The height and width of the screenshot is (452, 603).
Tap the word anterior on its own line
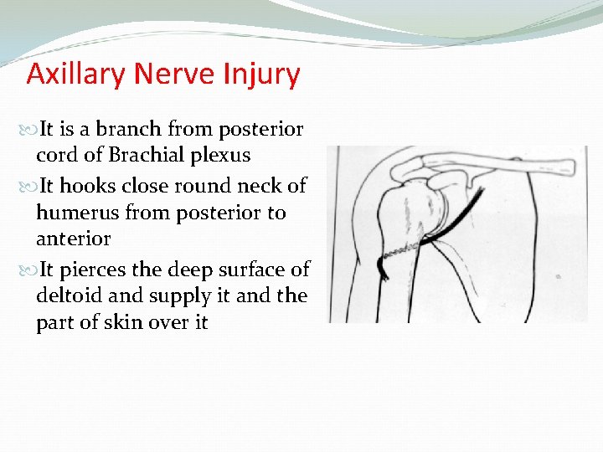click(x=73, y=239)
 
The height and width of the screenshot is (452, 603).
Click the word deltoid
click(x=66, y=296)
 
